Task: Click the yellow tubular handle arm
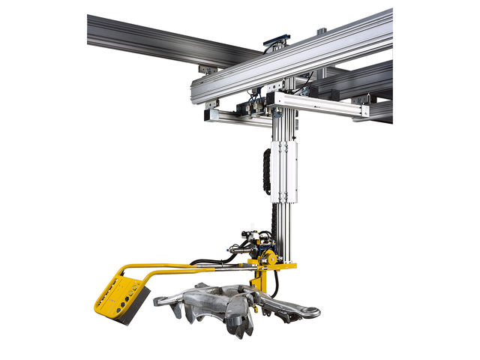pos(172,266)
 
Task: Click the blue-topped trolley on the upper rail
pos(275,40)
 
